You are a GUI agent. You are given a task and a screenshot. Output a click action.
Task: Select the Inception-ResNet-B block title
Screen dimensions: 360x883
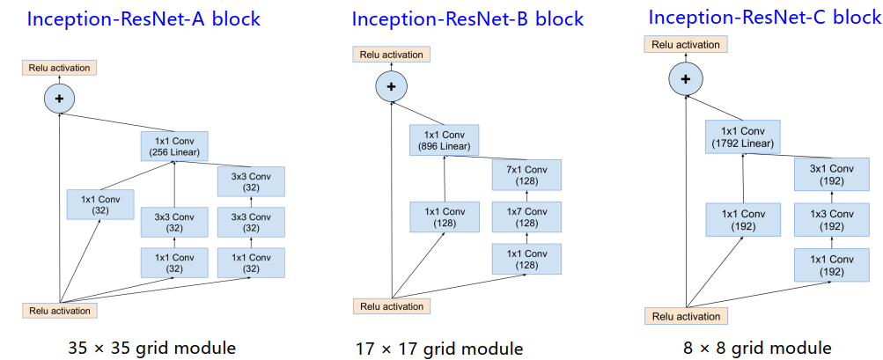(467, 18)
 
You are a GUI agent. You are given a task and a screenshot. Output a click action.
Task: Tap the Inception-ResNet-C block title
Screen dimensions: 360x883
(764, 17)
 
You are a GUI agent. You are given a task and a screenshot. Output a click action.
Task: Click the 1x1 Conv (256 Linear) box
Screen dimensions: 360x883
(174, 146)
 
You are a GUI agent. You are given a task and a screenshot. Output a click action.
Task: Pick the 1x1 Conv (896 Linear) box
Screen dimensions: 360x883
(444, 140)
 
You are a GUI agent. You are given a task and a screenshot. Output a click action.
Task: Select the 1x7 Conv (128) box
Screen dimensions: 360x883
(526, 217)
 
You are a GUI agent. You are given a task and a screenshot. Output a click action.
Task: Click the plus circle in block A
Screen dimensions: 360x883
(60, 99)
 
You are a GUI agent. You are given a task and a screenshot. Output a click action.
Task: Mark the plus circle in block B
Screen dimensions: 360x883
(391, 86)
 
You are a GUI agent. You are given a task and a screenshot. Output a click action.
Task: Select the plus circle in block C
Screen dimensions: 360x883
(685, 80)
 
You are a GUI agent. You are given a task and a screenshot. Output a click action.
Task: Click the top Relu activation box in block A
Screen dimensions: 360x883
(58, 68)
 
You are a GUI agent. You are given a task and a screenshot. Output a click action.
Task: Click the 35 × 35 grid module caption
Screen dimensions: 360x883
(151, 348)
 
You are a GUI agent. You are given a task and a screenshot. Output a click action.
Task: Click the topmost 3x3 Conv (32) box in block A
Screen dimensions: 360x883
(251, 182)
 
